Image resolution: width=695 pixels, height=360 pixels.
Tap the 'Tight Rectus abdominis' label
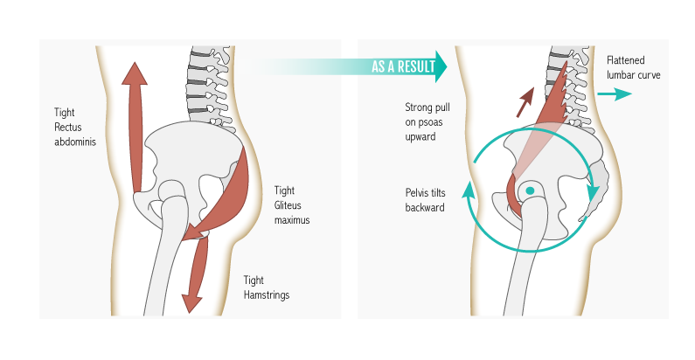pos(74,127)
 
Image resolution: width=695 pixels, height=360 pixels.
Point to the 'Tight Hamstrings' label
pos(266,287)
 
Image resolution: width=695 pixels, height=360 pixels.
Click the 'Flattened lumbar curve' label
pos(633,68)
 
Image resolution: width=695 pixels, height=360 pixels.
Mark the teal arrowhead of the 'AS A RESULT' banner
pos(440,66)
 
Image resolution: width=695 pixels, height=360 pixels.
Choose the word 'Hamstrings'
pos(266,295)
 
